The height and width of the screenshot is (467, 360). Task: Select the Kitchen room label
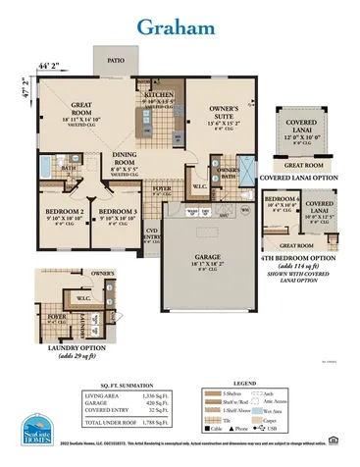coord(159,94)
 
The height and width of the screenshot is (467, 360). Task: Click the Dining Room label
coord(125,159)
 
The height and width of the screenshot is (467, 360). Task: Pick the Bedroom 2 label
coord(65,211)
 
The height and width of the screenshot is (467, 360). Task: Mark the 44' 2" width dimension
coord(49,66)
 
